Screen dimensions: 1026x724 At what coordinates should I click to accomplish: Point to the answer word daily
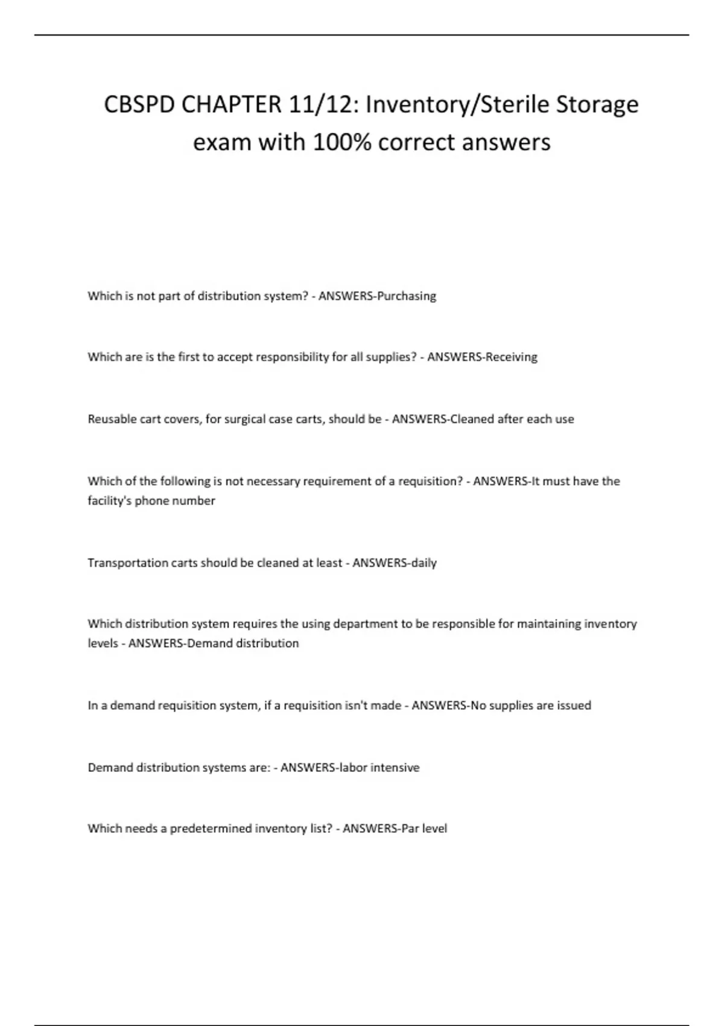tap(423, 563)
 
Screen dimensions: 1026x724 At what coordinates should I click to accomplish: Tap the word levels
tap(102, 643)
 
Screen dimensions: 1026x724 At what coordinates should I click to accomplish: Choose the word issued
tap(574, 706)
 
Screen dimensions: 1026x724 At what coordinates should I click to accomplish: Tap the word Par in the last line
tap(408, 829)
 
